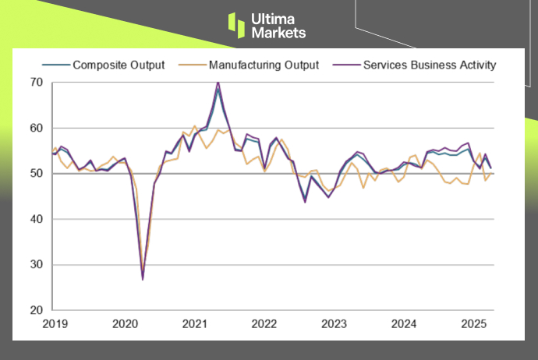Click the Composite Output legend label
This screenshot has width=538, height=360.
coord(119,65)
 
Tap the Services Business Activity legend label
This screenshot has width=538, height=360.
coord(429,65)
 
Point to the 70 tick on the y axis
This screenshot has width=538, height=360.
coord(37,82)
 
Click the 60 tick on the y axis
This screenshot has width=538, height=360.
coord(37,128)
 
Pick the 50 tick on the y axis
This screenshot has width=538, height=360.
coord(37,173)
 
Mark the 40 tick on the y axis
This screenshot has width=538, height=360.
coord(37,219)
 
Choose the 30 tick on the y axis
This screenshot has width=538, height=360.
coord(37,265)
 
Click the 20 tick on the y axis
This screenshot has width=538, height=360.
coord(37,310)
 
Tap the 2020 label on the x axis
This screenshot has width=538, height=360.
coord(125,323)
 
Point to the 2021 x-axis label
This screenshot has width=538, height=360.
coord(194,323)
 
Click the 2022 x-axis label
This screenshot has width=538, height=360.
coord(264,323)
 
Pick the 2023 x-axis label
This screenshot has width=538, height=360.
coord(334,323)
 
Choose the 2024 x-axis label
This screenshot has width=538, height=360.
coord(404,323)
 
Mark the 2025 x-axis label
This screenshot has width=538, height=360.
coord(474,323)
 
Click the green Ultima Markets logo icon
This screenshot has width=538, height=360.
coord(236,24)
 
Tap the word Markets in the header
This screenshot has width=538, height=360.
coord(279,33)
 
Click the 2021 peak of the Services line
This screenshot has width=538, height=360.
coord(218,82)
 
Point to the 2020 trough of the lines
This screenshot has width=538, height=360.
coord(143,278)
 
